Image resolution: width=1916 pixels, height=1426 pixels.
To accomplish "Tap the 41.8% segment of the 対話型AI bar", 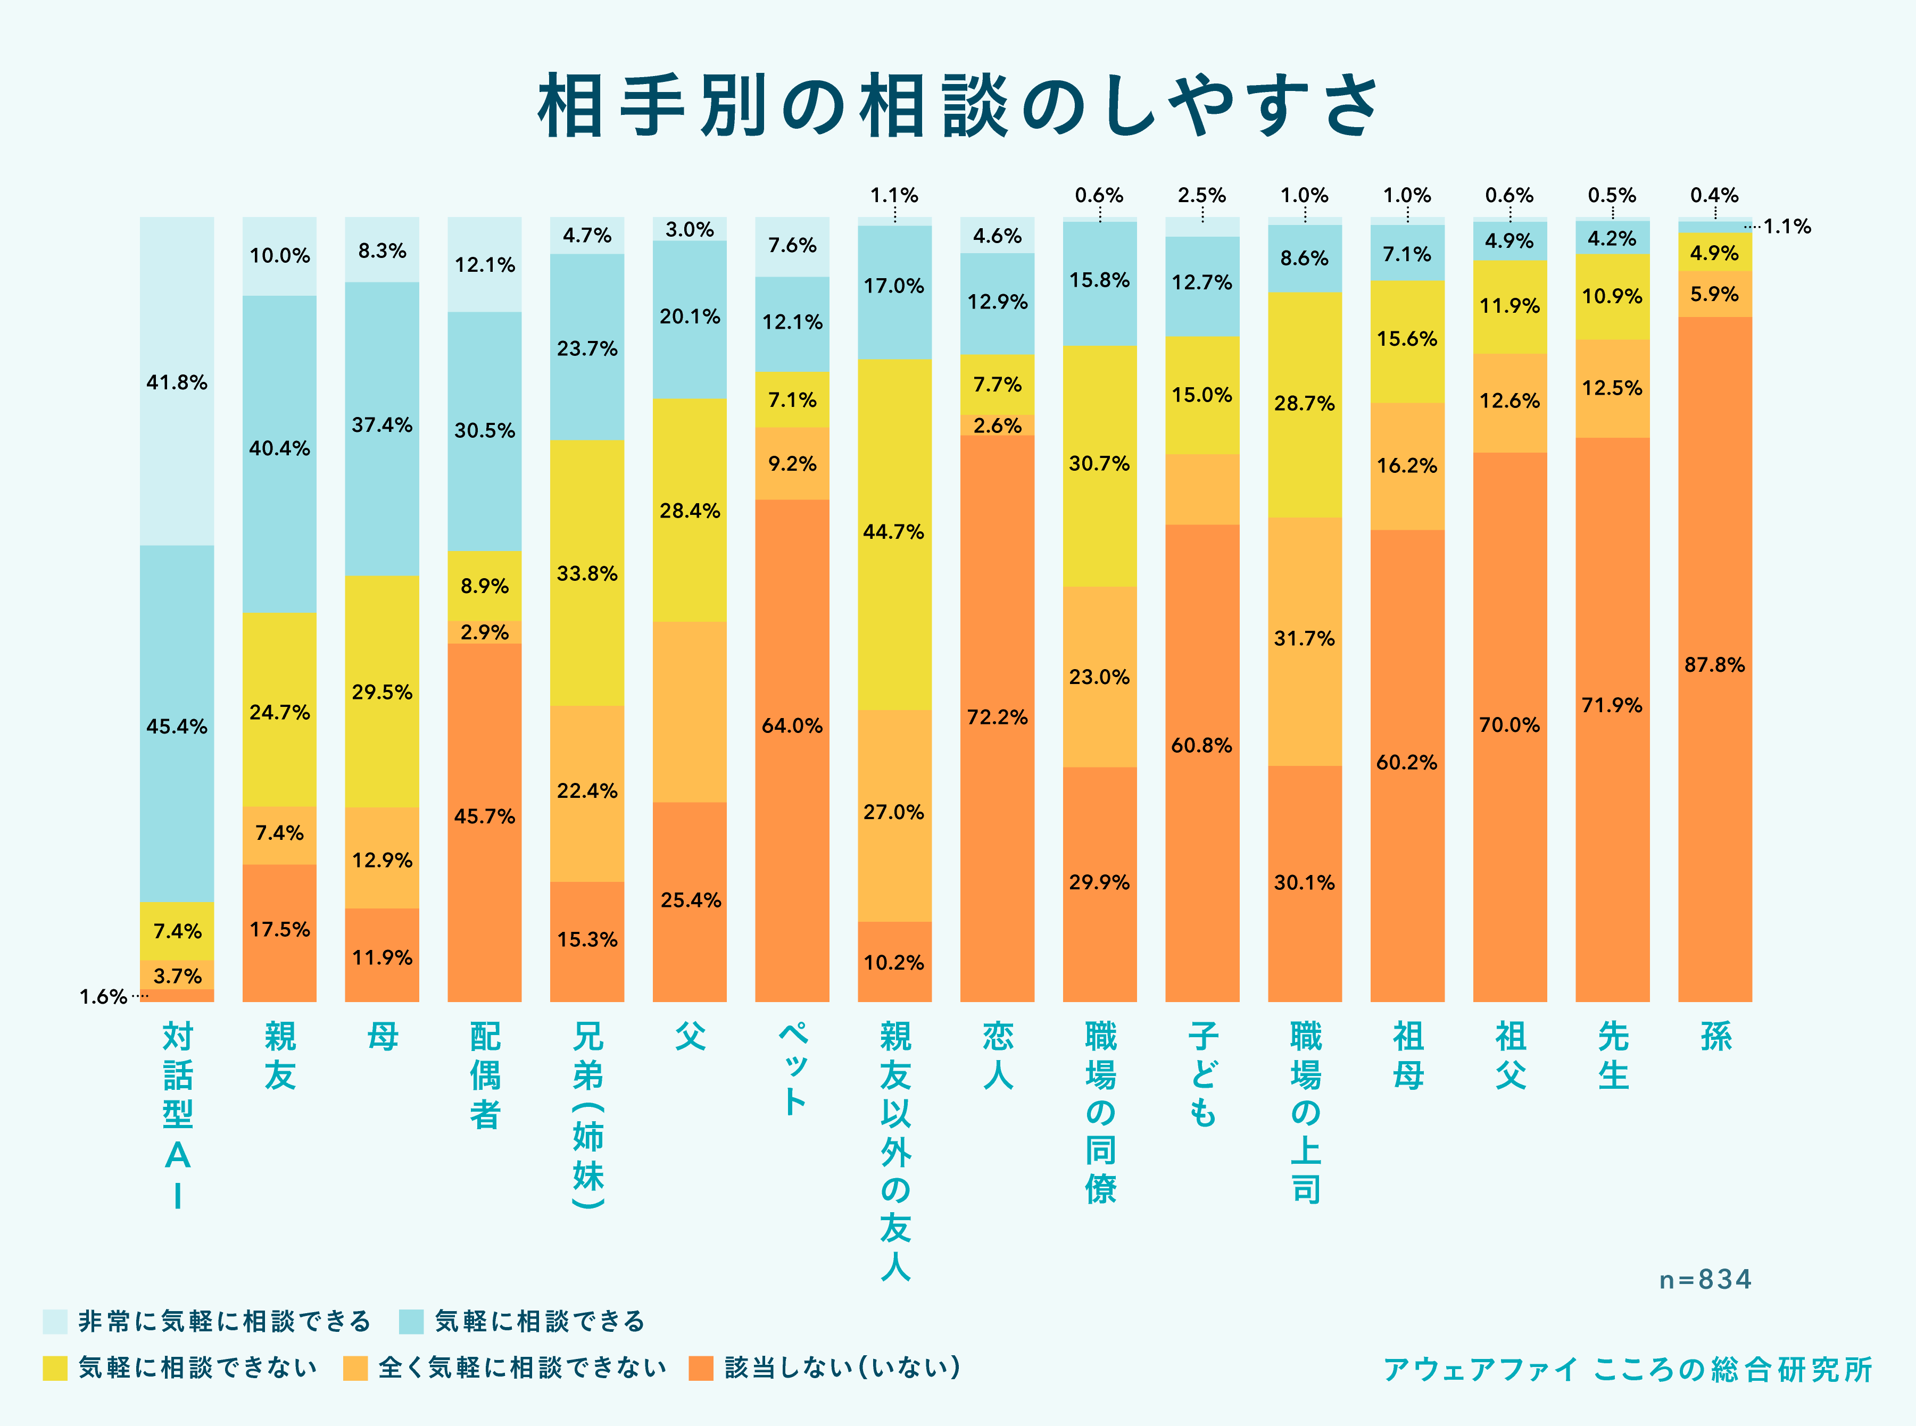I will click(x=177, y=381).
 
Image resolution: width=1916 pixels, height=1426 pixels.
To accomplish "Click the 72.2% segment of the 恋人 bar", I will click(x=997, y=718).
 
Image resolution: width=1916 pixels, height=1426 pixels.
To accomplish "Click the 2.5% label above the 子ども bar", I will click(x=1202, y=196).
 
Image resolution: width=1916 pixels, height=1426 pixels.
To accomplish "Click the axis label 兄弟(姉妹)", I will click(x=587, y=1114).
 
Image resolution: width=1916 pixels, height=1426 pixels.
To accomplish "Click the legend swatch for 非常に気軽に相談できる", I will click(x=55, y=1321).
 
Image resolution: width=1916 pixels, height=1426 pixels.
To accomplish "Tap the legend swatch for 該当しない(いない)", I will click(x=701, y=1368).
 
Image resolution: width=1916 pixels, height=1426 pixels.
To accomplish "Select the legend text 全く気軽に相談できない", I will click(x=522, y=1368).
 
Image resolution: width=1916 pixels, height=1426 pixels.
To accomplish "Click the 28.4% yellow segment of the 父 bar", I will click(x=690, y=510).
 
